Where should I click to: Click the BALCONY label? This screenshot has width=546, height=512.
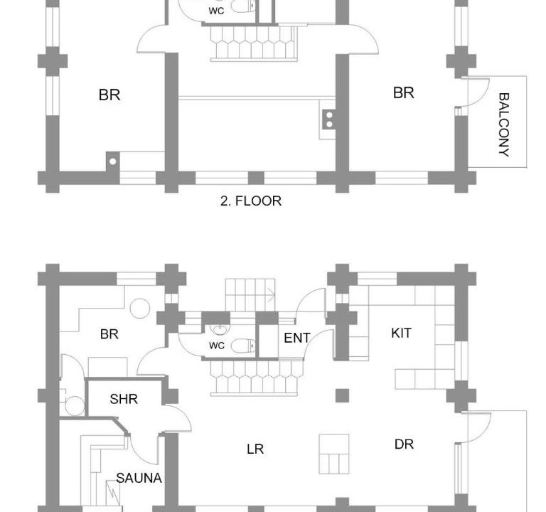tap(504, 124)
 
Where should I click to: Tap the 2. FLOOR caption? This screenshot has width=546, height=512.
tap(251, 201)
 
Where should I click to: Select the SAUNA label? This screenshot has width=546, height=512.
tap(139, 478)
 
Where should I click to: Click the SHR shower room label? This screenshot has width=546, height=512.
tap(124, 399)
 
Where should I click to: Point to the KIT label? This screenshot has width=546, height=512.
tap(401, 334)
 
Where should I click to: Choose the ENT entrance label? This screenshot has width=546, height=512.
tap(297, 338)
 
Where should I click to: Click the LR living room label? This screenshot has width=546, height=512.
tap(255, 449)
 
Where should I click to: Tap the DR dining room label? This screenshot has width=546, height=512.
tap(405, 444)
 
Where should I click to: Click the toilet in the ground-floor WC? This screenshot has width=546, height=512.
tap(243, 346)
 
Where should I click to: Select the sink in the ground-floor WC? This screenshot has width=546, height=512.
tap(220, 329)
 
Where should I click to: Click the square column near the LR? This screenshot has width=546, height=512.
tap(342, 395)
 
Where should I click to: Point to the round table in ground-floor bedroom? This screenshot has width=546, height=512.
tap(140, 308)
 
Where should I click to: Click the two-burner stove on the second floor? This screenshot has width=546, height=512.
tap(328, 119)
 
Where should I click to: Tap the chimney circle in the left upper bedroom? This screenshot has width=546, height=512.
tap(112, 161)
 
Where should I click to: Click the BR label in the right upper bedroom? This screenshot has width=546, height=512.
tap(404, 93)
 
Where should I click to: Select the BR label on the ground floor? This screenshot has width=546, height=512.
tap(109, 334)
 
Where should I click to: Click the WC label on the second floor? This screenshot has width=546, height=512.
tap(216, 11)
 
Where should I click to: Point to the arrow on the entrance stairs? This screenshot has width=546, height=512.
tap(271, 295)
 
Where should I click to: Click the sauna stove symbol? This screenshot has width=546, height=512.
tap(113, 493)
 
